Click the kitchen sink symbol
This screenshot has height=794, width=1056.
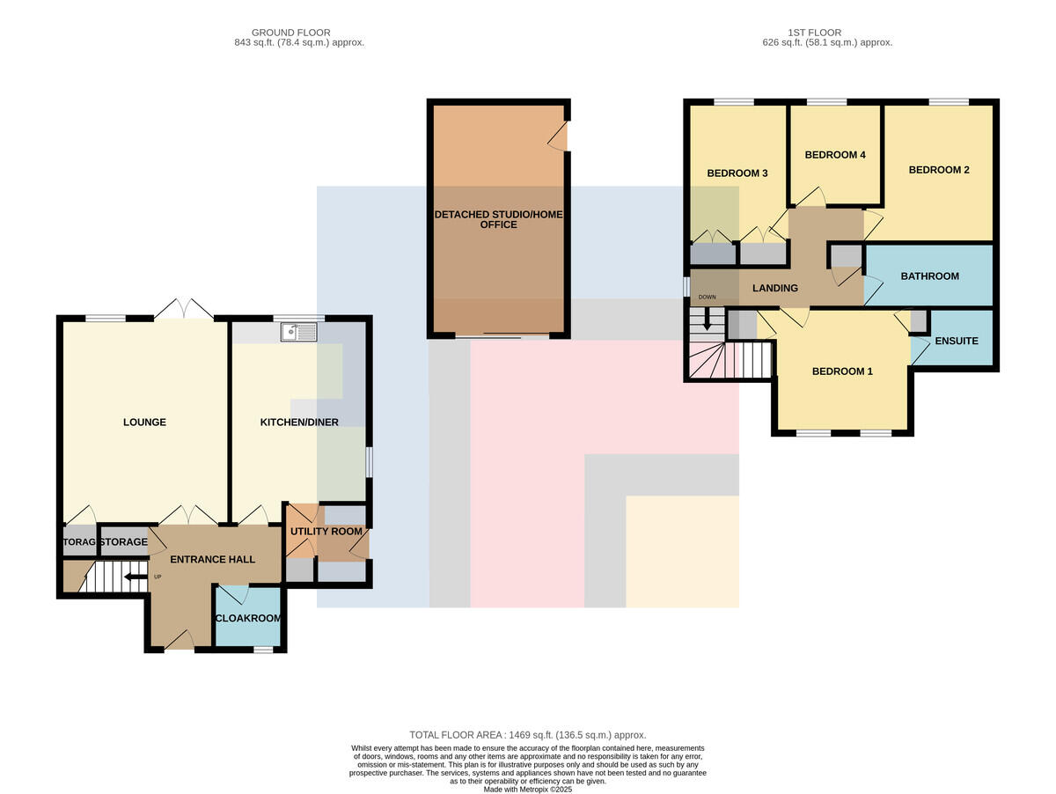point(298,332)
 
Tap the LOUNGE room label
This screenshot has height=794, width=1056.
point(144,422)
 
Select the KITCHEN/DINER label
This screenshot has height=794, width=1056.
point(299,422)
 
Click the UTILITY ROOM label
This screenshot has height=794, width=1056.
point(326,532)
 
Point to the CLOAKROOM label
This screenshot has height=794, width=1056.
point(248,618)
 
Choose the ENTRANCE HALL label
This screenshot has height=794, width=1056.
point(213,559)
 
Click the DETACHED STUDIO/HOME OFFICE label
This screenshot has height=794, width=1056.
point(498,219)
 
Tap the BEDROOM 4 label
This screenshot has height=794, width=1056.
point(835,154)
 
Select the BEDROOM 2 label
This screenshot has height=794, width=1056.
point(939,170)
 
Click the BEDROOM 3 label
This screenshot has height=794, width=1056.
point(737,173)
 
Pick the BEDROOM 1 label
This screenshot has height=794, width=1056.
point(842,371)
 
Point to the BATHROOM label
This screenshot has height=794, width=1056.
point(929,276)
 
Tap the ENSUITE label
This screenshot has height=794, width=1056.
point(957,341)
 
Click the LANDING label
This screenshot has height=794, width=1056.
point(775,288)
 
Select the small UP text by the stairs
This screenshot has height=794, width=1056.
point(158,577)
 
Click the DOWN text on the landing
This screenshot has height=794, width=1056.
point(707,297)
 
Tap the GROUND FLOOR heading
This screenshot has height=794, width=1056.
point(290,33)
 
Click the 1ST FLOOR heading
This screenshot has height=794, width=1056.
point(814,33)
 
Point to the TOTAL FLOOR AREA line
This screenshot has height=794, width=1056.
point(528,735)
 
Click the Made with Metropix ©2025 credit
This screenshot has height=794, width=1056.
point(528,790)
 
